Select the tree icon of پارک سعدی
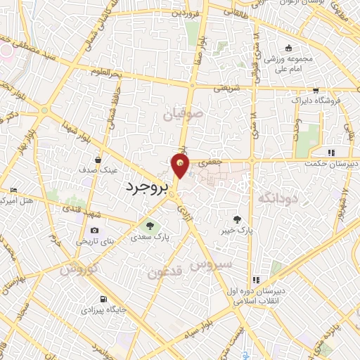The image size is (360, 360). point(149,226)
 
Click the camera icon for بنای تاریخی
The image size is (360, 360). point(95,231)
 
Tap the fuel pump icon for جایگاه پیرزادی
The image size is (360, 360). point(105,298)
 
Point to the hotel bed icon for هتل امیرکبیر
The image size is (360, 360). point(14,191)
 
